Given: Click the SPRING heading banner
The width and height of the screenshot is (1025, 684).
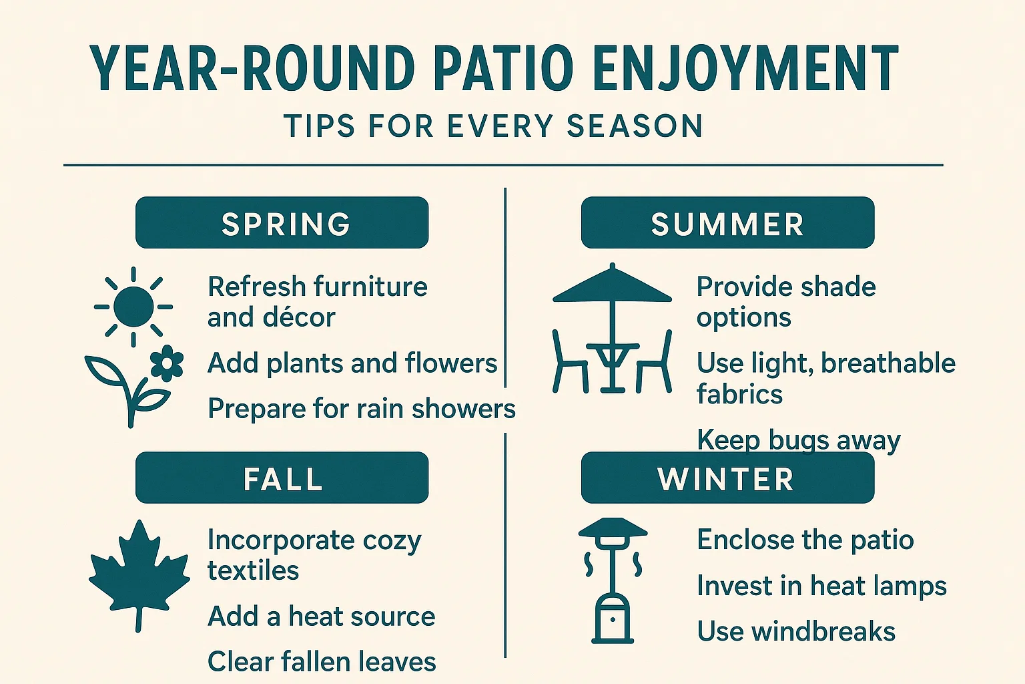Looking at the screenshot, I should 282,222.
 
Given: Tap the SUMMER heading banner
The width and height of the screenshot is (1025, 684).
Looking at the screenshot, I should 727,222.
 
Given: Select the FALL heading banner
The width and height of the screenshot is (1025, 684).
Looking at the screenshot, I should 282,478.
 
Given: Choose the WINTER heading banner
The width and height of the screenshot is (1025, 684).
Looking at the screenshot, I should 727,478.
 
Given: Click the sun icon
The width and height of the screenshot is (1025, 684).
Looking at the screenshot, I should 133,307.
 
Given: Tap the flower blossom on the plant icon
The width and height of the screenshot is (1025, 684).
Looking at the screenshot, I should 167,363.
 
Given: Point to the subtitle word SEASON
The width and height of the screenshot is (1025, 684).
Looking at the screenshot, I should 635,126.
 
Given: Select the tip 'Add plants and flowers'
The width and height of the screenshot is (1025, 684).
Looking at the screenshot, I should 352,363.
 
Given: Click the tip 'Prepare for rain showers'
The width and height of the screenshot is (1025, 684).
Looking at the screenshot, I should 362,409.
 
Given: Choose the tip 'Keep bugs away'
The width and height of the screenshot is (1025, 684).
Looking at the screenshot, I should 798,440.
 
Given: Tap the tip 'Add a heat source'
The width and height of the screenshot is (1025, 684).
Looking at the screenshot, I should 321,616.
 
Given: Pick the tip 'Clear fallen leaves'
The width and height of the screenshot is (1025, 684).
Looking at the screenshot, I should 322,661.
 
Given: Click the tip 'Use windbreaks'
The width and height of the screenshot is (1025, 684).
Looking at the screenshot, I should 796,631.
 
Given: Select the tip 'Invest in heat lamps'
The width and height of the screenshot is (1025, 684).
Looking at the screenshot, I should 821,586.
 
